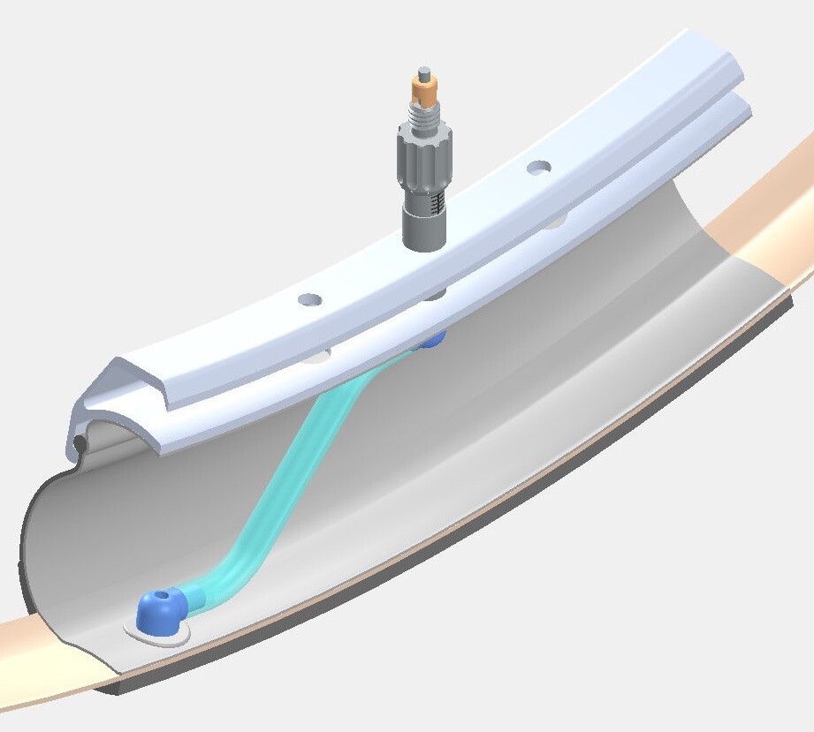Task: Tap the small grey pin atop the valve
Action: tap(423, 72)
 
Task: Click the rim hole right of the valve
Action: tap(538, 166)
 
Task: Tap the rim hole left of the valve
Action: tap(308, 300)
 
